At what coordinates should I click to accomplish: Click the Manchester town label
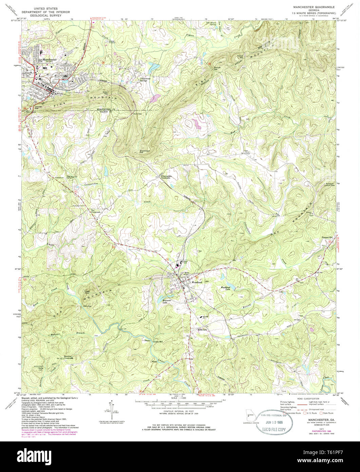tap(48, 59)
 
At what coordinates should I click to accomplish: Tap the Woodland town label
tap(197, 282)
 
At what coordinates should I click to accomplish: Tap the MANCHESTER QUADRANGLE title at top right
tap(311, 7)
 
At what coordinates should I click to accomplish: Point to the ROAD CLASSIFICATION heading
tap(308, 398)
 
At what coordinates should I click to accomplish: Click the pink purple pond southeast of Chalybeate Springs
tap(156, 98)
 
